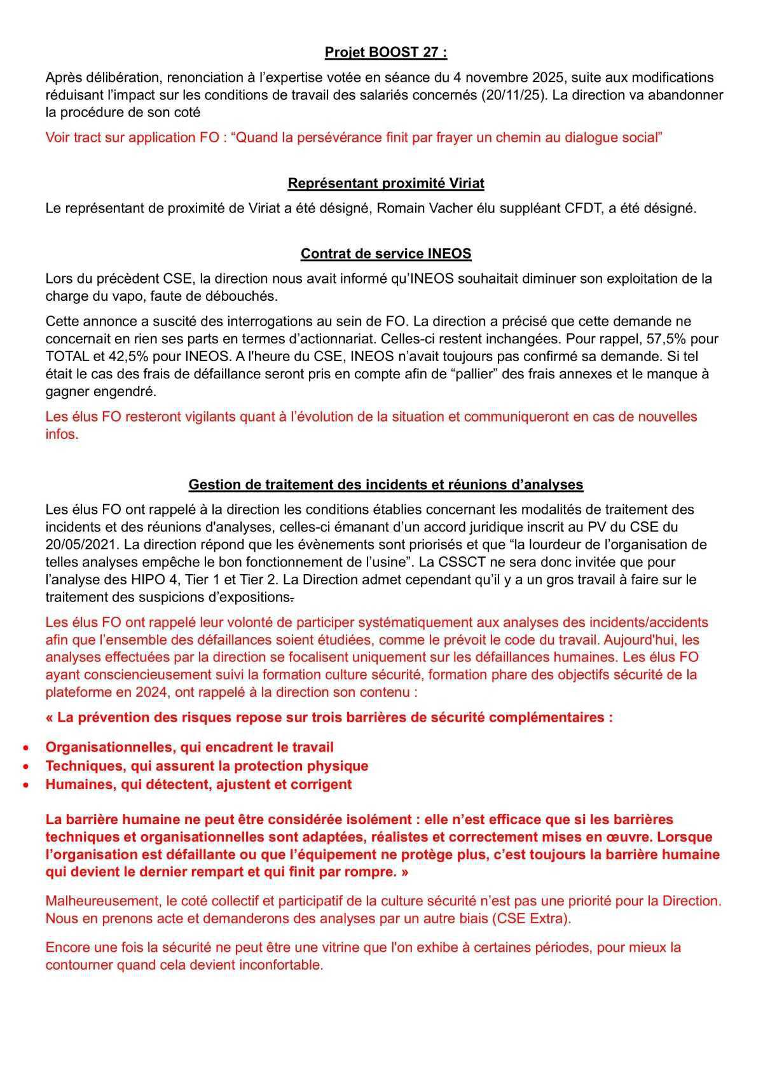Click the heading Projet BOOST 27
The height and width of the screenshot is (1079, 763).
(386, 53)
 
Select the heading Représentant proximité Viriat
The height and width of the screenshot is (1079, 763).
(386, 184)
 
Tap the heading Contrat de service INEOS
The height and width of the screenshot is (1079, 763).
(386, 254)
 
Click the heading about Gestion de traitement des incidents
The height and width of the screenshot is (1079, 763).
(386, 485)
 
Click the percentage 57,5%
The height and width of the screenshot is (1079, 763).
(669, 339)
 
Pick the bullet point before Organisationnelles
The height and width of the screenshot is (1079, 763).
(25, 748)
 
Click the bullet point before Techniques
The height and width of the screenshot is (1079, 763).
(25, 767)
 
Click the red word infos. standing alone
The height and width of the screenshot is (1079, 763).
(62, 435)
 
